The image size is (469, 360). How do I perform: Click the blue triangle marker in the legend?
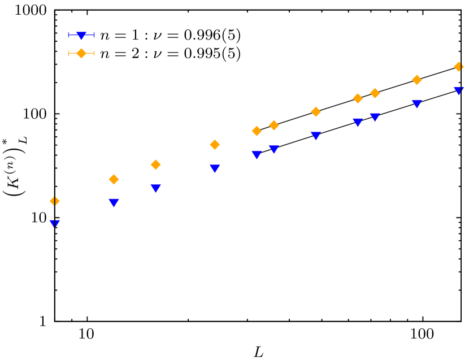point(81,36)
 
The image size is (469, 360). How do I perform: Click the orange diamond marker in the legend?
point(81,53)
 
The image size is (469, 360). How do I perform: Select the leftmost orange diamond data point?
point(54,201)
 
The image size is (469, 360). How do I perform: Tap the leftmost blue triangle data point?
point(54,224)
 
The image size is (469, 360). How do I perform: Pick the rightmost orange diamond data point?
point(459,67)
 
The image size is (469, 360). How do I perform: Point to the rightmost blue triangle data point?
point(459,90)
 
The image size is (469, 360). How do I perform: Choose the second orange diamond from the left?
point(114,179)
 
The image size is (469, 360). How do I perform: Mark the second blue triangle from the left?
point(114,202)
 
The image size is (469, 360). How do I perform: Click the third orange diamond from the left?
point(155,164)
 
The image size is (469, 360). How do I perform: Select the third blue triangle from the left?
point(155,188)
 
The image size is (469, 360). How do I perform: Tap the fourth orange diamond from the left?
point(215,145)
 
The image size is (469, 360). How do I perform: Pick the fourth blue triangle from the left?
point(215,168)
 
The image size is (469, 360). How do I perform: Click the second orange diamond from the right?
point(417,80)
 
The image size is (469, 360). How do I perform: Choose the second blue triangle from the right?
point(417,104)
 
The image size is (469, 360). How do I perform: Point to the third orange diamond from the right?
point(375,93)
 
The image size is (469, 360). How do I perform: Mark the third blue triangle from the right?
point(375,117)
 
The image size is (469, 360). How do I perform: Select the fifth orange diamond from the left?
point(257,131)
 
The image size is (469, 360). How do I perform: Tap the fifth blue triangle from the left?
point(257,155)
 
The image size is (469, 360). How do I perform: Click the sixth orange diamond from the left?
point(274,125)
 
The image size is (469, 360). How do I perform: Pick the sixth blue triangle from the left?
point(274,149)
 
